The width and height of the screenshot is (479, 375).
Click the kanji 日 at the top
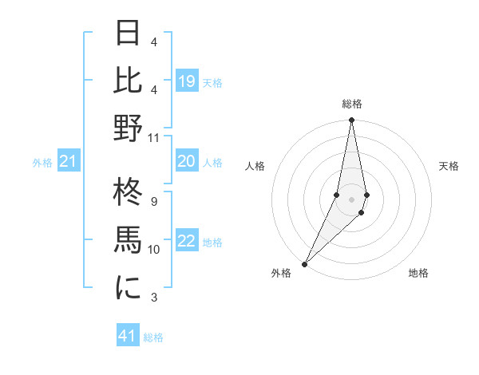(x=129, y=34)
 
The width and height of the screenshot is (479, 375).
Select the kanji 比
(x=129, y=81)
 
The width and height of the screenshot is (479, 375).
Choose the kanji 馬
(x=129, y=241)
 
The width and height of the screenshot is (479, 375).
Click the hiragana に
(x=129, y=288)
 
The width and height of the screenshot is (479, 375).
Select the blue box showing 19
(x=187, y=81)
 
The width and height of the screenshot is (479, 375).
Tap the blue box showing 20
(x=187, y=161)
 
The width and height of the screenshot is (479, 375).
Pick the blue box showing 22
(x=187, y=241)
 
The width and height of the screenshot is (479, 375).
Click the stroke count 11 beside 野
(x=154, y=137)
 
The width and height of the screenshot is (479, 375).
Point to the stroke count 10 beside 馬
(x=154, y=250)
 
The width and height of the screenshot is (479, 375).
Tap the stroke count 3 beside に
(x=154, y=298)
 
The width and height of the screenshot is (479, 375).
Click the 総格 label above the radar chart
(x=352, y=104)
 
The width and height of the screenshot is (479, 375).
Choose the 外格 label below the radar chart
(x=281, y=273)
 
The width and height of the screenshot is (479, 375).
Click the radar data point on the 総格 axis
(x=351, y=121)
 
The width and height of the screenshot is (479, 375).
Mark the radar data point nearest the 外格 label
(x=304, y=263)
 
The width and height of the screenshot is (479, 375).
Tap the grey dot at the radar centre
(x=351, y=199)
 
